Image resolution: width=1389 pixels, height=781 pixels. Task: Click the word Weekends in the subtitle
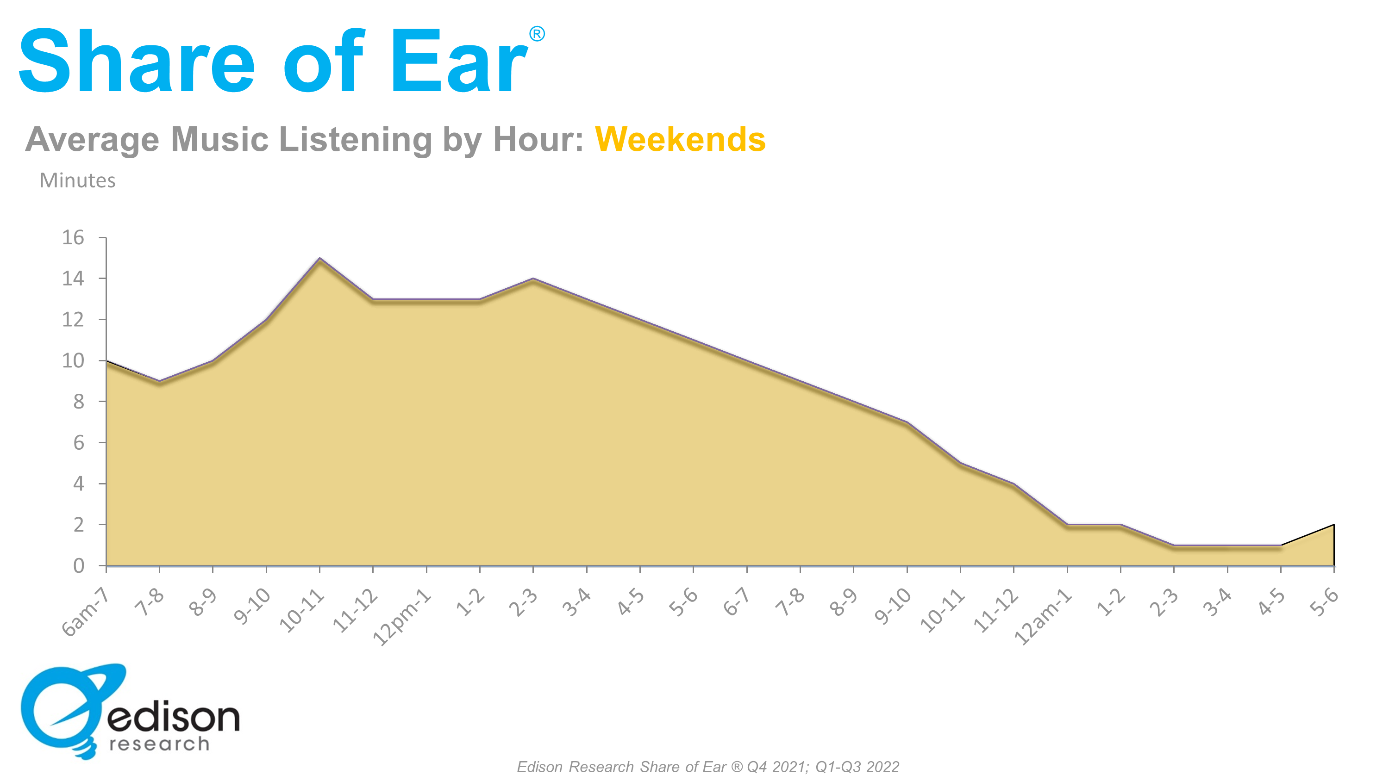tap(680, 139)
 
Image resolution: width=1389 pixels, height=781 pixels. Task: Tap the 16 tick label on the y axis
tap(73, 237)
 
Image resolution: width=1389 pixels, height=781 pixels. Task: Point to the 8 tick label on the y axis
tap(79, 402)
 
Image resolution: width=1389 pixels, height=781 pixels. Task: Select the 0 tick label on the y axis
tap(79, 565)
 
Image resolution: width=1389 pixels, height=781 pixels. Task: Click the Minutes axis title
tap(78, 180)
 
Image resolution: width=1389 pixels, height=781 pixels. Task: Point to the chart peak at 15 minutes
tap(320, 258)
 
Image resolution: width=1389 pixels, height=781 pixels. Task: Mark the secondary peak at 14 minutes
tap(533, 279)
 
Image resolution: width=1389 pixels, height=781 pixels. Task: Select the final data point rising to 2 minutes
tap(1333, 524)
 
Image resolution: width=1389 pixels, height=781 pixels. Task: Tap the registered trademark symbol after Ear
tap(537, 34)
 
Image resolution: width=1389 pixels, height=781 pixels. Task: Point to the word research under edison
tap(159, 744)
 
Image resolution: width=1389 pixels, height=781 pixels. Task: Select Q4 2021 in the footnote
tap(777, 767)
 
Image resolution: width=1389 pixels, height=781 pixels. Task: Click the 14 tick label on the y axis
tap(73, 279)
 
